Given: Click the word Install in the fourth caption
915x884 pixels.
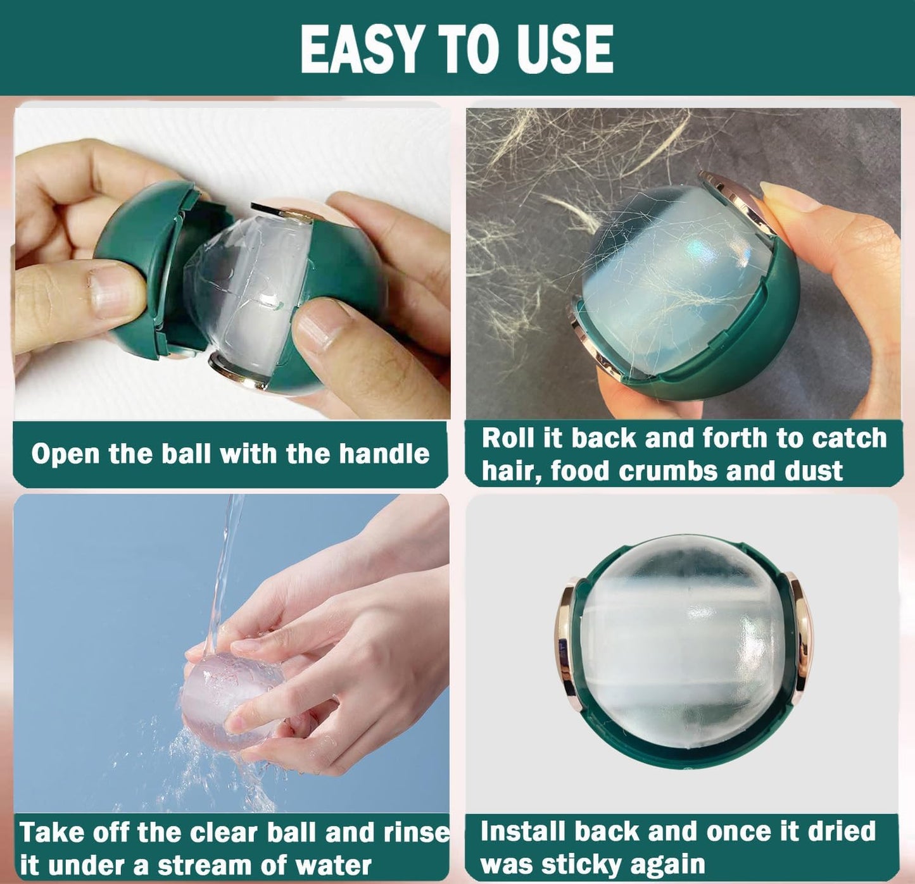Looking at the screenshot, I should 523,831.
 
